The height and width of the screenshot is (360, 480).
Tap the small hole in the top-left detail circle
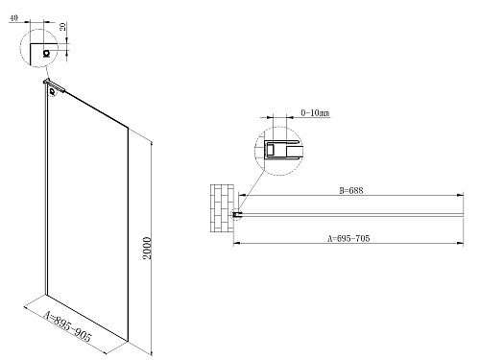coord(45,55)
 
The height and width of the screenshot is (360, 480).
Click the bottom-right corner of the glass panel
coord(127,338)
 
